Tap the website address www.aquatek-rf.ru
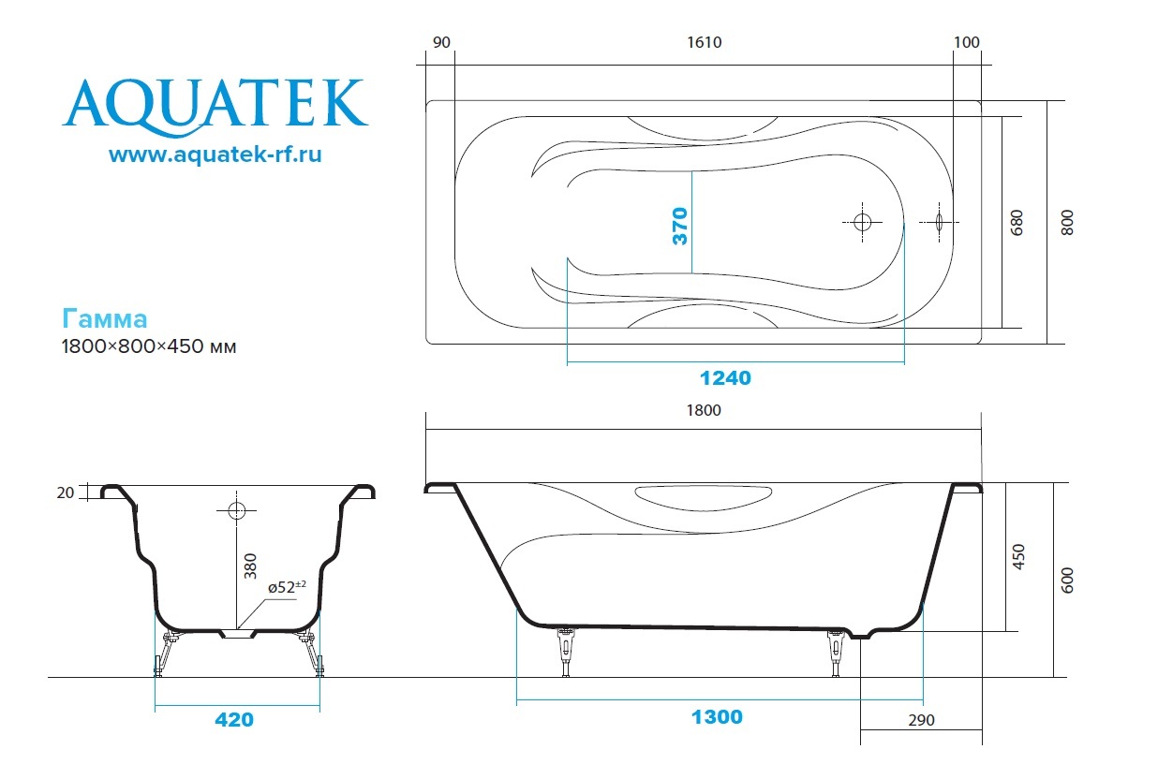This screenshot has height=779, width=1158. [x=215, y=154]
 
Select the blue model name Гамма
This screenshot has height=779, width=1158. [x=104, y=318]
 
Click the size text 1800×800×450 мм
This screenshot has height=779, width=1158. [x=149, y=346]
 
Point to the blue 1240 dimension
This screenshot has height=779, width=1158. [x=725, y=378]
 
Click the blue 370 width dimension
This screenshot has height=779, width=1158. [x=680, y=226]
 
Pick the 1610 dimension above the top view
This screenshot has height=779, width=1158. [x=705, y=42]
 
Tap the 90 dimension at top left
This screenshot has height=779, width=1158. [x=441, y=42]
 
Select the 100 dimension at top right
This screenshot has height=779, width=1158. [x=966, y=42]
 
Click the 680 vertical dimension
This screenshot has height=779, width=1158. [x=1017, y=223]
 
